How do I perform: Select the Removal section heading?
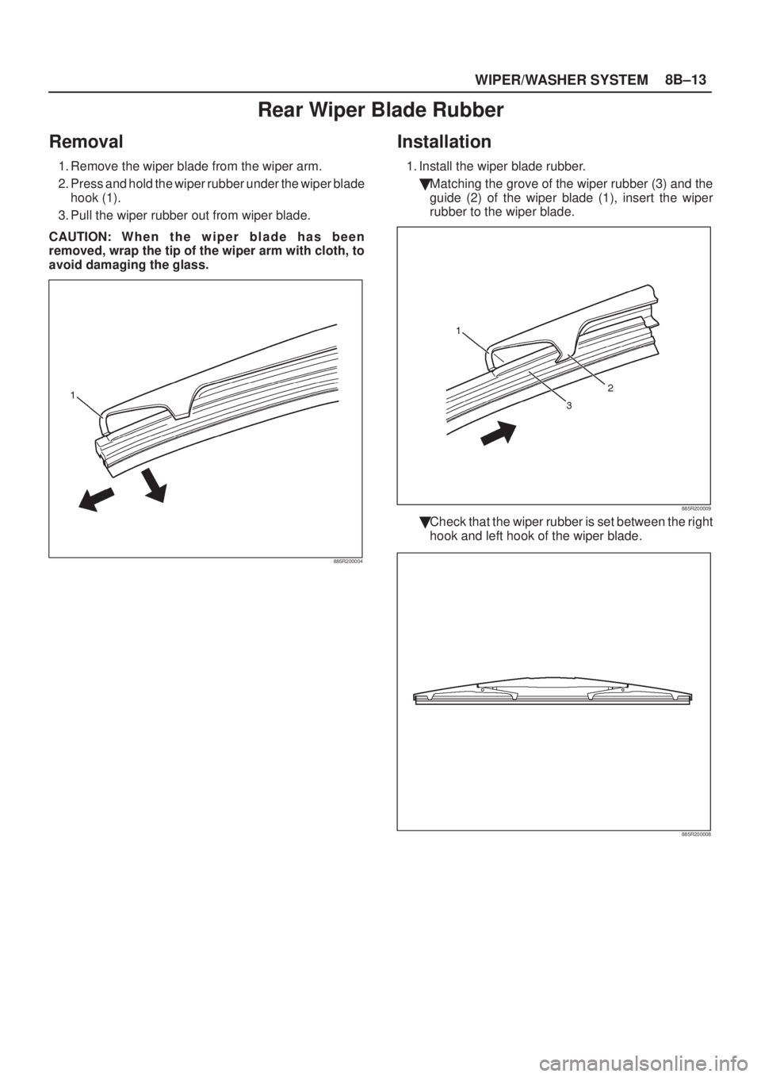pyautogui.click(x=86, y=143)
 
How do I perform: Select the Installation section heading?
pyautogui.click(x=444, y=143)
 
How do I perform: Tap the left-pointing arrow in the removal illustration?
pyautogui.click(x=98, y=500)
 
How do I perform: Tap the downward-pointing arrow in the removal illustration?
pyautogui.click(x=155, y=486)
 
